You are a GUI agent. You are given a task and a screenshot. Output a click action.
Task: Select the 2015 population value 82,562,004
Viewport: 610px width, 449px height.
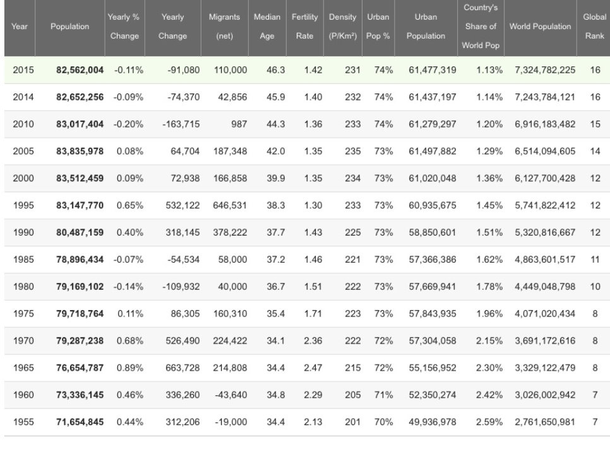78,69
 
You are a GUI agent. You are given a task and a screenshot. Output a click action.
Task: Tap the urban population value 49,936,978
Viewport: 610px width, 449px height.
433,422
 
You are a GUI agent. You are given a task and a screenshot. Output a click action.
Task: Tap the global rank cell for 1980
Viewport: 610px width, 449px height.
594,287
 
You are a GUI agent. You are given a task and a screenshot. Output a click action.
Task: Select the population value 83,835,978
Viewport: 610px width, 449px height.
78,151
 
